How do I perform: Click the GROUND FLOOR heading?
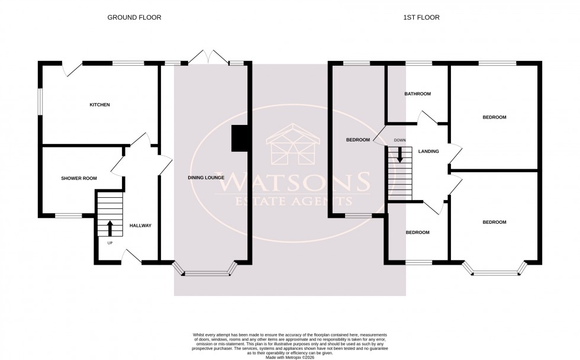(x=134, y=17)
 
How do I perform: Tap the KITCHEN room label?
(x=99, y=105)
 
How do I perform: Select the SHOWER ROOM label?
(x=79, y=178)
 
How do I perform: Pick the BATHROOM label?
(x=417, y=94)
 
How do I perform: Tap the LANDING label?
(x=428, y=152)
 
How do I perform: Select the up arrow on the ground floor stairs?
(x=109, y=227)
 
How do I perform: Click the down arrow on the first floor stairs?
(x=400, y=155)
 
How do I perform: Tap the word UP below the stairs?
(x=109, y=243)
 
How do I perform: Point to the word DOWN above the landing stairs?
(x=400, y=140)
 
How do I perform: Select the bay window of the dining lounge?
(x=206, y=272)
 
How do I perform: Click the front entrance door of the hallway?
(x=131, y=256)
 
